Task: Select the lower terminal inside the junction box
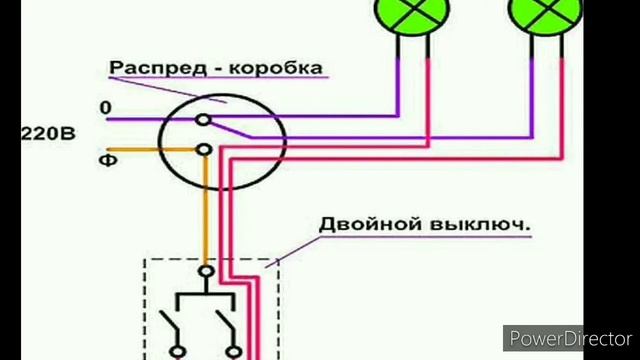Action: tap(205, 150)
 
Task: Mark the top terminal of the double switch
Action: tap(207, 271)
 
